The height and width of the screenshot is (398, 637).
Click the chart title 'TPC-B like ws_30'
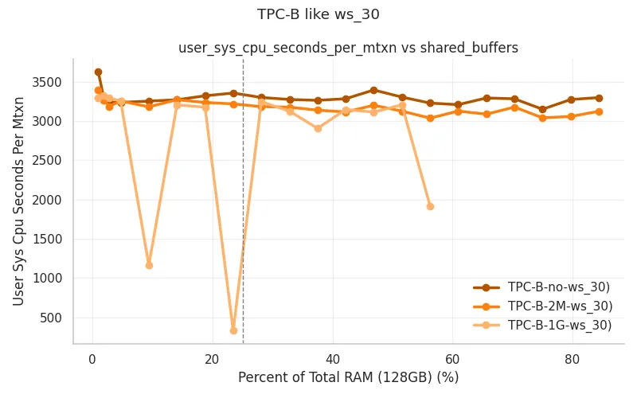click(x=318, y=14)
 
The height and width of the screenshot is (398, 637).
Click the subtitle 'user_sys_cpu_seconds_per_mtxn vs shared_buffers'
click(x=348, y=48)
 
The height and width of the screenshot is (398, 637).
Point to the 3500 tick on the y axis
click(x=47, y=83)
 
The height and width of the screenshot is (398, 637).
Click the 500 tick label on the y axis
click(x=50, y=318)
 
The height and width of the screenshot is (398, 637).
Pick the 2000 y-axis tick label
click(x=47, y=200)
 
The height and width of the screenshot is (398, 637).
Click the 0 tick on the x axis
click(x=92, y=359)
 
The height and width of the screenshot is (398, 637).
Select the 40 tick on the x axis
click(x=333, y=359)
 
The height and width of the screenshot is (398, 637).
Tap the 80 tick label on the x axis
click(x=573, y=359)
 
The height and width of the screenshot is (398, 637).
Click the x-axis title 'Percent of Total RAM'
click(x=306, y=377)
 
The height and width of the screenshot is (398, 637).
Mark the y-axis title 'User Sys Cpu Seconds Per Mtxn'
click(x=18, y=201)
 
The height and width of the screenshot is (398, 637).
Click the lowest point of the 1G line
click(x=233, y=330)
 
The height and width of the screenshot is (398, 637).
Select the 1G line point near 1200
click(x=149, y=265)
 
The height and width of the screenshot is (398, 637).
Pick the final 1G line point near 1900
click(x=430, y=206)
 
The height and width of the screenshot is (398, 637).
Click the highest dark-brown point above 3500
click(x=98, y=72)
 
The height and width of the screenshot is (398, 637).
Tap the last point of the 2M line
click(x=599, y=111)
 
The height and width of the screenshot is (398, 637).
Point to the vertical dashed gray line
click(x=243, y=201)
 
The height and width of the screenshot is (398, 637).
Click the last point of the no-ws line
click(x=599, y=98)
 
